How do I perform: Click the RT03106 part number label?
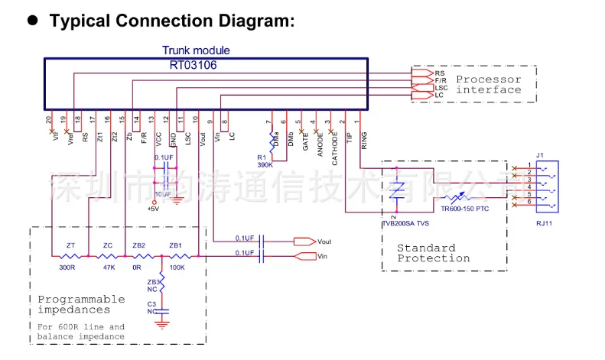(x=193, y=65)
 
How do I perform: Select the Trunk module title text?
(x=196, y=51)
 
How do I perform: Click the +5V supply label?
(x=153, y=209)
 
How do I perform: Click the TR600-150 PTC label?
(x=464, y=208)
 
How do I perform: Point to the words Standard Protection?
(x=433, y=253)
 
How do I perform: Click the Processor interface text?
(x=489, y=84)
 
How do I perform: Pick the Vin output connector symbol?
(x=304, y=255)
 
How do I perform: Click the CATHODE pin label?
(x=335, y=148)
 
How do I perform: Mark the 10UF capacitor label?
(x=163, y=194)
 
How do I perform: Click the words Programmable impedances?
(x=81, y=304)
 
